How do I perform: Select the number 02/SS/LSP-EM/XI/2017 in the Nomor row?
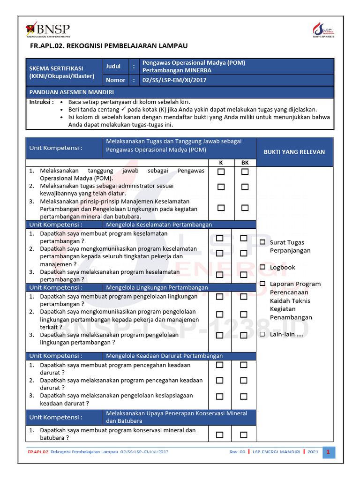[174, 80]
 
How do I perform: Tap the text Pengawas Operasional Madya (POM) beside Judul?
[194, 63]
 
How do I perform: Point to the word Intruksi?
[41, 102]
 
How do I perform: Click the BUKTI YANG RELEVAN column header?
[294, 152]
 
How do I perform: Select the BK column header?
[245, 163]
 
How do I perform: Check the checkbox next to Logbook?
[262, 267]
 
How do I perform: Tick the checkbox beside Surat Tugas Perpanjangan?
[262, 242]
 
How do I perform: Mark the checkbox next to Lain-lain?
[262, 334]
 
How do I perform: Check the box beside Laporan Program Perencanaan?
[262, 284]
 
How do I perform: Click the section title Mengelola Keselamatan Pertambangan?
[159, 225]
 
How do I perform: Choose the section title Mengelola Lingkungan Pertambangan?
[157, 287]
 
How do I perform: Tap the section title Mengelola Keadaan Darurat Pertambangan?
[164, 356]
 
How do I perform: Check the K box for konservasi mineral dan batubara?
[220, 435]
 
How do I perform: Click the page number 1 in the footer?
[329, 452]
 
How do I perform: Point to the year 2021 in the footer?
[313, 452]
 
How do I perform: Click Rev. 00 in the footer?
[237, 452]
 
